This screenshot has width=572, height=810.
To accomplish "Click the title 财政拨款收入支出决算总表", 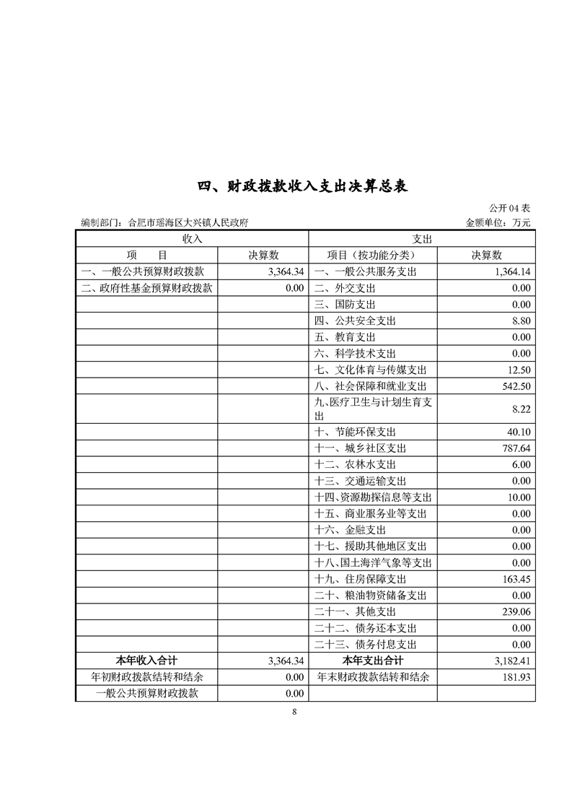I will pyautogui.click(x=304, y=186).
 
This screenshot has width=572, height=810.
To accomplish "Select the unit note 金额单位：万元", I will pyautogui.click(x=498, y=223).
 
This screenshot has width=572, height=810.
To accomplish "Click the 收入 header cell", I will pyautogui.click(x=192, y=238).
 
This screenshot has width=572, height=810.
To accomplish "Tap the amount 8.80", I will pyautogui.click(x=520, y=321).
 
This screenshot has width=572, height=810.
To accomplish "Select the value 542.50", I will pyautogui.click(x=516, y=386).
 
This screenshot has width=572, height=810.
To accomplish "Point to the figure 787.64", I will pyautogui.click(x=516, y=448).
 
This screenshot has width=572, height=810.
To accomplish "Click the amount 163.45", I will pyautogui.click(x=516, y=579).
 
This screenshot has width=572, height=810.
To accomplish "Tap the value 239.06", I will pyautogui.click(x=516, y=611).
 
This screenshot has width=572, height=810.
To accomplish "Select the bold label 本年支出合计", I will pyautogui.click(x=372, y=661).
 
